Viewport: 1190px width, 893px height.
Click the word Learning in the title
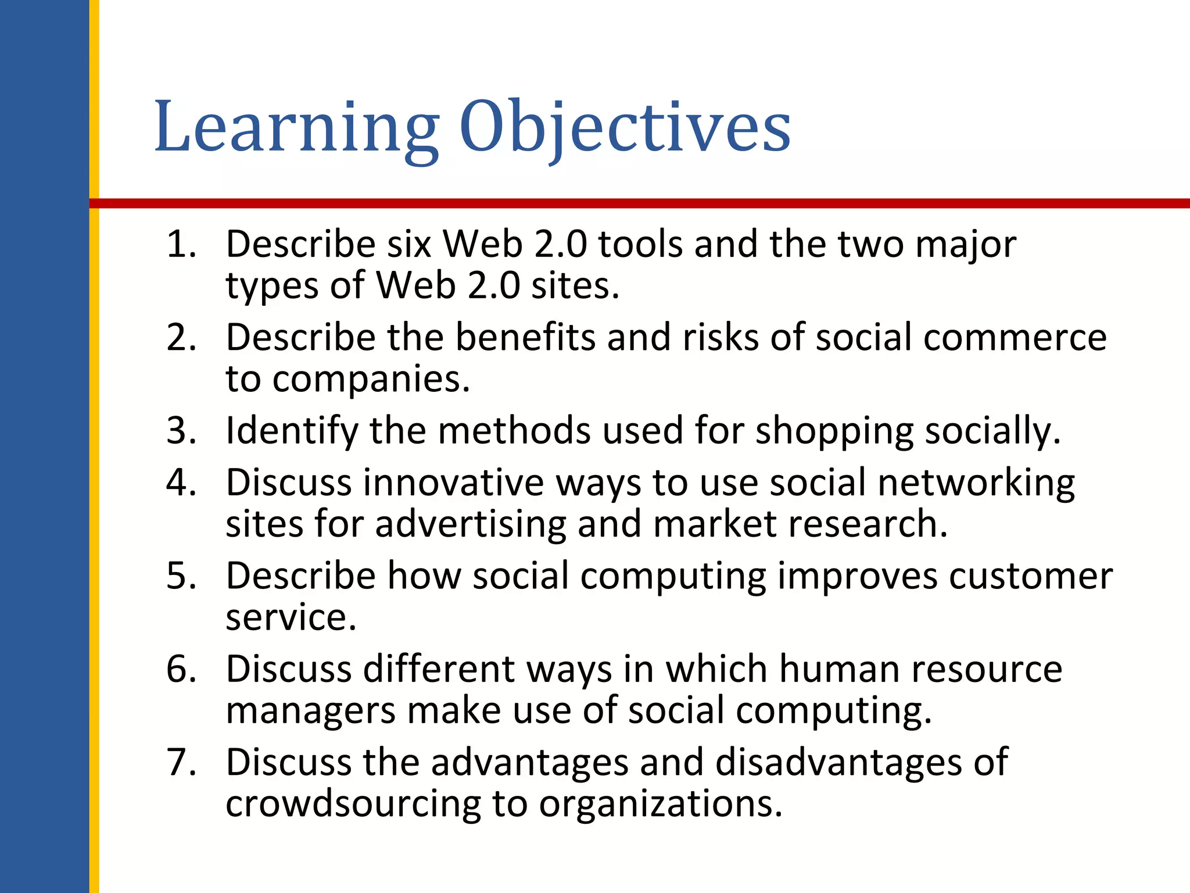tap(296, 128)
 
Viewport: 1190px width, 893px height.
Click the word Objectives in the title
tap(625, 128)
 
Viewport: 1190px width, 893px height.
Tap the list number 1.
tap(181, 244)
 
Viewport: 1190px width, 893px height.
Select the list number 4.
tap(181, 483)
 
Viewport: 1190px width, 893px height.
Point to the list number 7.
tap(181, 762)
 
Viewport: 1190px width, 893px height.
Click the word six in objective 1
tap(409, 244)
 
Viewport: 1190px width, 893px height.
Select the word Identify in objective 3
tap(292, 431)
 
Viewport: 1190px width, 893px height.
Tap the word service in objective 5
tap(290, 617)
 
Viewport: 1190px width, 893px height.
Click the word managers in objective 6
tap(310, 711)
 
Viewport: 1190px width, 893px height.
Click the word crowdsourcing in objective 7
tap(353, 804)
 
